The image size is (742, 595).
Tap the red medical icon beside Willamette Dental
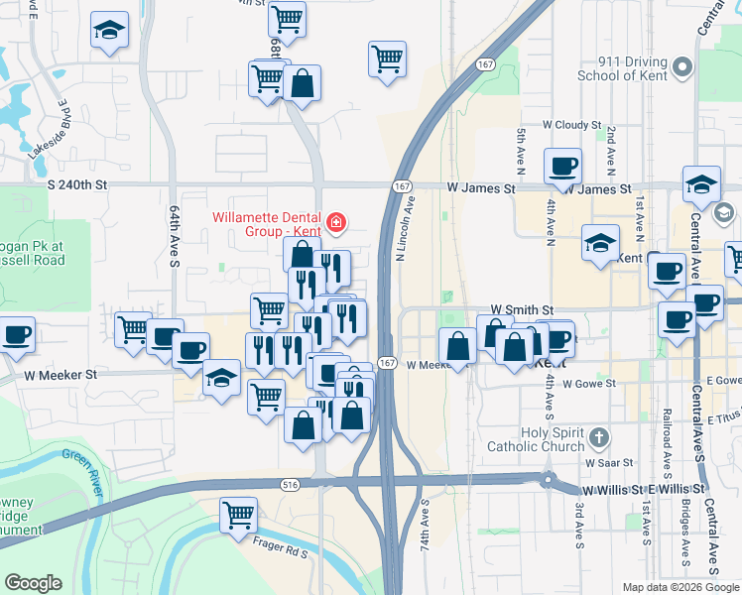[338, 221]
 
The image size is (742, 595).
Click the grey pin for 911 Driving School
[681, 67]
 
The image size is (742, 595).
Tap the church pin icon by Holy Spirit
[598, 437]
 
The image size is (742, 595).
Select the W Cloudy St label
[571, 126]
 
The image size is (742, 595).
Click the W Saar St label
[608, 463]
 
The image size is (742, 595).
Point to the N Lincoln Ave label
[402, 228]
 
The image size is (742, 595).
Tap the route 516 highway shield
[289, 484]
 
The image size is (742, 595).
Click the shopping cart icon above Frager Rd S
[238, 515]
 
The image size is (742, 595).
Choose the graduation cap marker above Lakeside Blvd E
[109, 30]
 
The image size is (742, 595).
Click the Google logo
[34, 583]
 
